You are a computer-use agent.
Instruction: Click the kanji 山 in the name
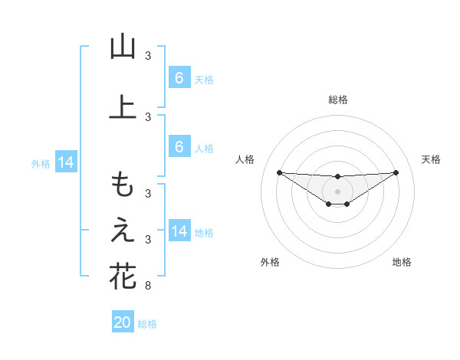point(123,47)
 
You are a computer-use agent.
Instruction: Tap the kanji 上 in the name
point(123,107)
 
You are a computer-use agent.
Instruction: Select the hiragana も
point(123,185)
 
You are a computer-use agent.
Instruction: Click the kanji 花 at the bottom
point(123,275)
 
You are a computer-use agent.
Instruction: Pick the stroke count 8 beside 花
point(149,286)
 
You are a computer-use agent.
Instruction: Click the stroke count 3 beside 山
point(149,56)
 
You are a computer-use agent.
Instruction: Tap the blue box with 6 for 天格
point(179,78)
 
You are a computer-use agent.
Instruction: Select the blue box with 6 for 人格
point(179,147)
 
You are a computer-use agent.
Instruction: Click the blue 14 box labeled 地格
point(179,231)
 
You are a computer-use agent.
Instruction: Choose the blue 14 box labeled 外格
point(66,162)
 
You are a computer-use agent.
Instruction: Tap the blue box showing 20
point(123,322)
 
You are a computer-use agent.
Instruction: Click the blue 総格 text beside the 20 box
point(147,324)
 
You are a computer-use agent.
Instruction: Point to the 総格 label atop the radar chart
point(337,100)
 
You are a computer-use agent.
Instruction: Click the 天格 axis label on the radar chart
point(431,159)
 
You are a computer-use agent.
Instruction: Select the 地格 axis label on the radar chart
point(402,262)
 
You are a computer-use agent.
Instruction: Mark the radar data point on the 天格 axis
point(396,172)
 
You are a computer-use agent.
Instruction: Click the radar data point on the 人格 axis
point(279,172)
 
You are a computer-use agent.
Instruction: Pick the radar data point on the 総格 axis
point(337,177)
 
